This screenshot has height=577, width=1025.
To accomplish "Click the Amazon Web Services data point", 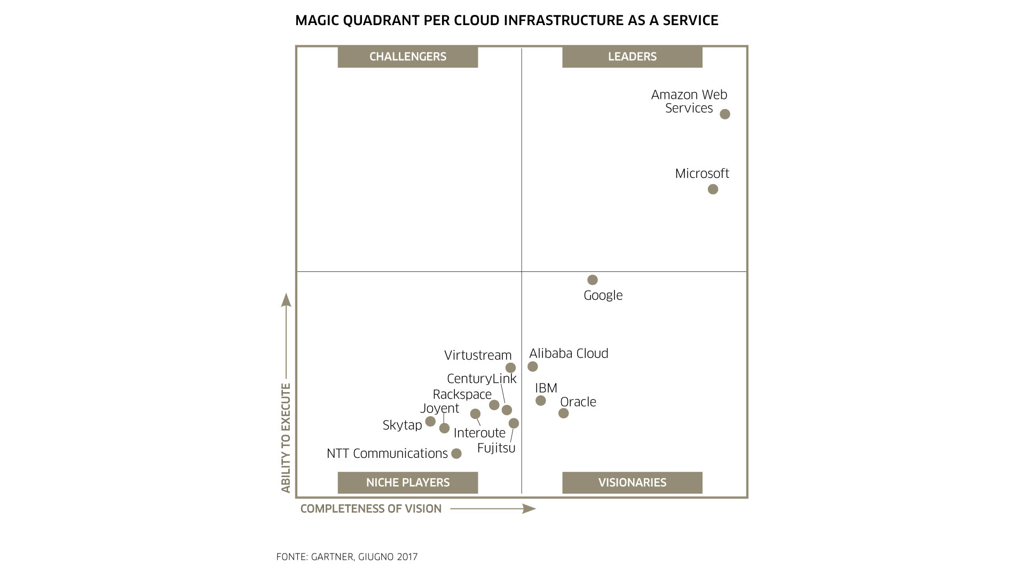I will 725,114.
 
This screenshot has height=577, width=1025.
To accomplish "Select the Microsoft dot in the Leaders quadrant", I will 713,189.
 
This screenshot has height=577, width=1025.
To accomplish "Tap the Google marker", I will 592,280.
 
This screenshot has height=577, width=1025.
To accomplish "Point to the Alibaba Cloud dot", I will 532,367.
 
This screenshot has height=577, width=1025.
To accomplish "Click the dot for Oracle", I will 563,413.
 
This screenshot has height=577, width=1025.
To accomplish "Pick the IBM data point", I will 540,401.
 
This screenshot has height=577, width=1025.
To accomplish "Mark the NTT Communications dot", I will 456,454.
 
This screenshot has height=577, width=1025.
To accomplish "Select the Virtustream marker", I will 510,368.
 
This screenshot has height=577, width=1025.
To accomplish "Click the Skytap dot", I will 430,422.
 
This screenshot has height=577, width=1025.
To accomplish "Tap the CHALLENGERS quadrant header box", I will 408,57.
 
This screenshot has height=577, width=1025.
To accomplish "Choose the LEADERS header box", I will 632,57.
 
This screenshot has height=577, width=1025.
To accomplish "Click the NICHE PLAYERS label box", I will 408,482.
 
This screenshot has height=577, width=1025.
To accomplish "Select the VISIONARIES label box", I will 632,482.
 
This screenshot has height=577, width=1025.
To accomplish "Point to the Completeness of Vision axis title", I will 371,509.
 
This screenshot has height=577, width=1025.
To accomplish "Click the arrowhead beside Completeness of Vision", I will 529,509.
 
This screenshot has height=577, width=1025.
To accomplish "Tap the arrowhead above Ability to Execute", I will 286,300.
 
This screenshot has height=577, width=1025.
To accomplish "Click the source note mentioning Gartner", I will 347,557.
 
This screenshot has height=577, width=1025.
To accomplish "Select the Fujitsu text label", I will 496,448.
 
